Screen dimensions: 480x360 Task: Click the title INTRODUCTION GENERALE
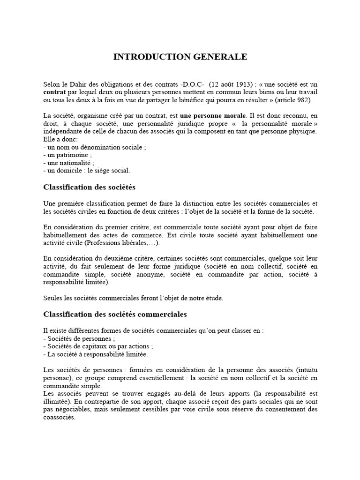click(180, 57)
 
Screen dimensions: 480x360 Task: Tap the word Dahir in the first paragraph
click(78, 84)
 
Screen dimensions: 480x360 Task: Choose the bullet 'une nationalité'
click(69, 163)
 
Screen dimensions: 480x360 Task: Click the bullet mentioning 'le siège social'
click(86, 171)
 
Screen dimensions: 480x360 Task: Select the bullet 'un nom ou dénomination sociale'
click(95, 147)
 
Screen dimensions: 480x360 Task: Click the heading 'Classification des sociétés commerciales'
click(115, 314)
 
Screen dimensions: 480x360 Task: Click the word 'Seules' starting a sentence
click(52, 298)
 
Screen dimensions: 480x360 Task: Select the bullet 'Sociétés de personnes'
click(79, 338)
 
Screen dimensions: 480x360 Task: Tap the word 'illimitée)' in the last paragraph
click(58, 401)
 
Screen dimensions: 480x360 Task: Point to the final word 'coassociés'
click(59, 417)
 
